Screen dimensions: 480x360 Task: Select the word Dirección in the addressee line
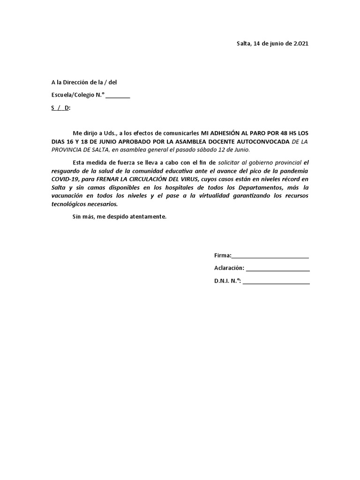point(76,82)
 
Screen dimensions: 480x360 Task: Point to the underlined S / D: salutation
point(60,108)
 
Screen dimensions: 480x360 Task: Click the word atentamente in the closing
point(150,217)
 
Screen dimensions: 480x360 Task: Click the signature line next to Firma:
point(270,256)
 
